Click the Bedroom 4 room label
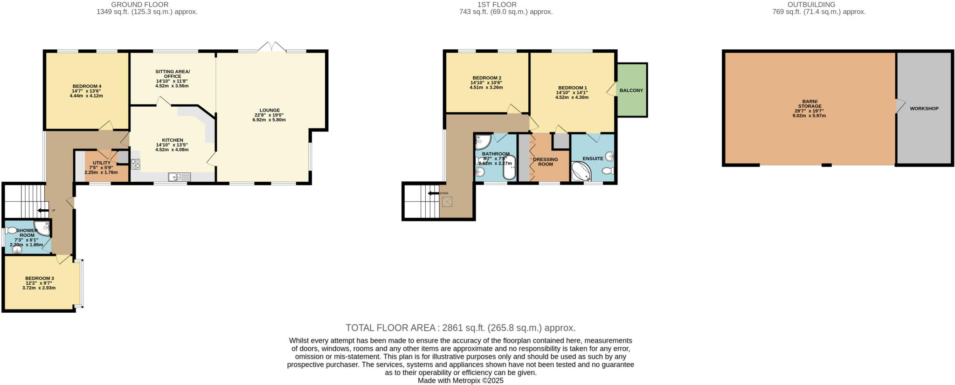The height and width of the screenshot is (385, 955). pyautogui.click(x=87, y=86)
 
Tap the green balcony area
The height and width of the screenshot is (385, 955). pyautogui.click(x=631, y=90)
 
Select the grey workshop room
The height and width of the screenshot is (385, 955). pyautogui.click(x=924, y=108)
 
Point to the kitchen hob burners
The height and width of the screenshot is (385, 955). pyautogui.click(x=136, y=164)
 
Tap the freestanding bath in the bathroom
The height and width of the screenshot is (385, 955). pyautogui.click(x=509, y=168)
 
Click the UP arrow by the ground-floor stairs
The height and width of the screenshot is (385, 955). pyautogui.click(x=43, y=211)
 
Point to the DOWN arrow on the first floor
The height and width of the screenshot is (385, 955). pyautogui.click(x=433, y=193)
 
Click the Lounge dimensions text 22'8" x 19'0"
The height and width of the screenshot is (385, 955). pyautogui.click(x=269, y=115)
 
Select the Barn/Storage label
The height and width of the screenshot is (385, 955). pyautogui.click(x=809, y=103)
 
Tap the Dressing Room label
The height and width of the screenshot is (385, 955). pyautogui.click(x=546, y=162)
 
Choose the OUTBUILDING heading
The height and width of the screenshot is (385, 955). pyautogui.click(x=819, y=5)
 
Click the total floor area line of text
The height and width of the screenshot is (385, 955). pyautogui.click(x=460, y=328)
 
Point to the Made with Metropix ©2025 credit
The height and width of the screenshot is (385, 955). pyautogui.click(x=460, y=380)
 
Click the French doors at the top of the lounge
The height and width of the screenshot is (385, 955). pyautogui.click(x=272, y=47)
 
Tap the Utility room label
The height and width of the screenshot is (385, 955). pyautogui.click(x=101, y=163)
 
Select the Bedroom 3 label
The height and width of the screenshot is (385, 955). pyautogui.click(x=40, y=278)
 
